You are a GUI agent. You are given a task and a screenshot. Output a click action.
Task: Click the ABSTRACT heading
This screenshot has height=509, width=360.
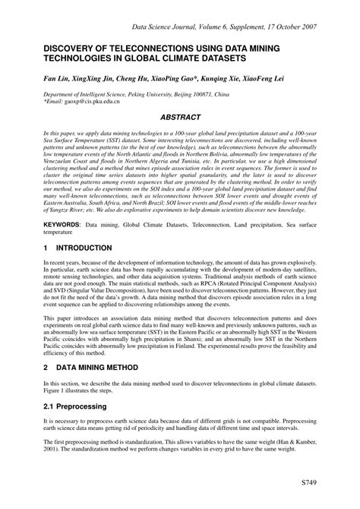tap(180, 118)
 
